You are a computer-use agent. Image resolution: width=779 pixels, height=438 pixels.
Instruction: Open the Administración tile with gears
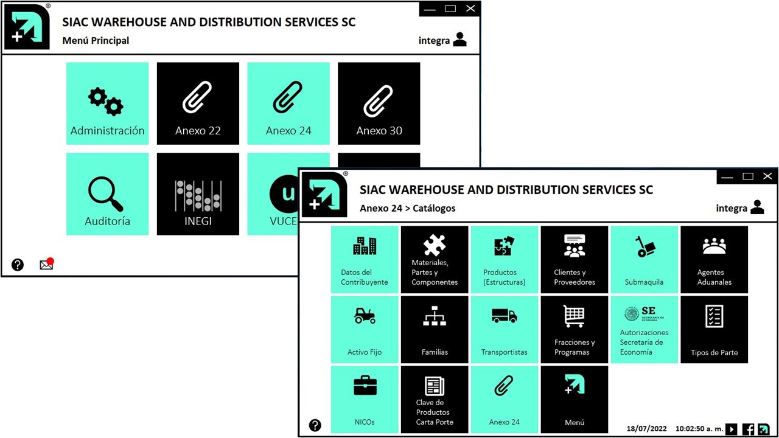(x=107, y=104)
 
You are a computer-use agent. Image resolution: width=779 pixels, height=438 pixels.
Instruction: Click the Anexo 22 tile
(x=198, y=104)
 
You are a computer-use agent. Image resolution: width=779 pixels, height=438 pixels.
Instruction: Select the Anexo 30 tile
(x=379, y=104)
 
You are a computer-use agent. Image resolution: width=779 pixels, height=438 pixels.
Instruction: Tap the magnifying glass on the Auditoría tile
(x=105, y=193)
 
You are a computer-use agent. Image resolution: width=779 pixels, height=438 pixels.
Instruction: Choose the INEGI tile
(x=198, y=194)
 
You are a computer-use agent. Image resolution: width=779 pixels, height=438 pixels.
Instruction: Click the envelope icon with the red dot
(x=46, y=265)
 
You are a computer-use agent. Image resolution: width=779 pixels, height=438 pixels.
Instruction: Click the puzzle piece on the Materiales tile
(x=435, y=245)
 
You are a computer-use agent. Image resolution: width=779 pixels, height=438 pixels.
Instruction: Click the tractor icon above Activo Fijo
(x=365, y=316)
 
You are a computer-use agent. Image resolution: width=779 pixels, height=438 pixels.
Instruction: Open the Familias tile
(x=435, y=329)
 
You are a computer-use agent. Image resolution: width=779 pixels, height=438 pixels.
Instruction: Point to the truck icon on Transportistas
(x=504, y=316)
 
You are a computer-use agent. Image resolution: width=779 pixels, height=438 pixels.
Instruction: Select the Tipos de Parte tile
(x=714, y=329)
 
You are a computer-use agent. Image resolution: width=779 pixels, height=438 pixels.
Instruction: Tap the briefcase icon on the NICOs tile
(x=365, y=386)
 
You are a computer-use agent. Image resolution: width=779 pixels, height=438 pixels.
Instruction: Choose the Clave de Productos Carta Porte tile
(x=435, y=399)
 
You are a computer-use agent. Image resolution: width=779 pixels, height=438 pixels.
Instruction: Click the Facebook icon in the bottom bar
(x=749, y=429)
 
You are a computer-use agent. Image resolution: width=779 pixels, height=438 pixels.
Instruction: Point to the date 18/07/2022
(x=645, y=429)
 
